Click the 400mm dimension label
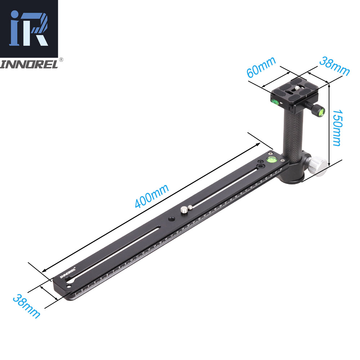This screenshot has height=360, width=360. point(152,197)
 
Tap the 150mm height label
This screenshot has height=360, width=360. point(336,128)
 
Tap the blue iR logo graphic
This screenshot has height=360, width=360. point(29,28)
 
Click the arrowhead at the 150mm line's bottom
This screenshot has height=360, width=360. point(330,161)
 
